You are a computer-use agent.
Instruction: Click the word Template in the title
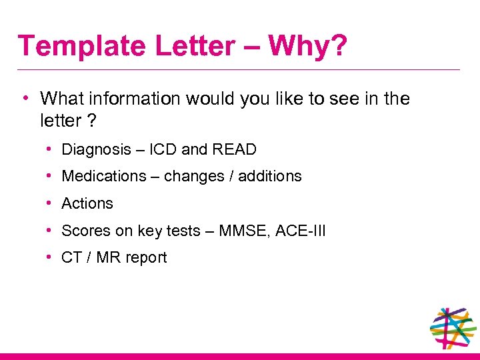tap(82, 46)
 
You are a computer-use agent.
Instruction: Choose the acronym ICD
tap(163, 149)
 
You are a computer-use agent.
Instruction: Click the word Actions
tap(87, 203)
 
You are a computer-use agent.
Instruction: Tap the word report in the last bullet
tap(145, 257)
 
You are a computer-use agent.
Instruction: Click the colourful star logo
tap(453, 328)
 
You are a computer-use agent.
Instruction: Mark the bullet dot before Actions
tap(51, 203)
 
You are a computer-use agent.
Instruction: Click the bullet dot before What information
tap(25, 98)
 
